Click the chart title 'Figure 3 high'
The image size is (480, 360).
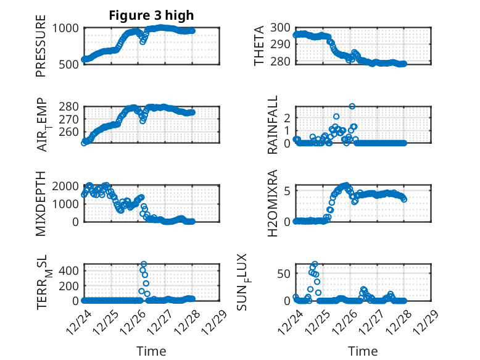tap(151, 15)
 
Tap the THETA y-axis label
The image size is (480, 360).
tap(260, 46)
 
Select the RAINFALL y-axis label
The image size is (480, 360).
tap(273, 125)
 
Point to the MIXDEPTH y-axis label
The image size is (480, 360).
tap(41, 203)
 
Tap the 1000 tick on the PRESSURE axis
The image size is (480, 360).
tap(65, 28)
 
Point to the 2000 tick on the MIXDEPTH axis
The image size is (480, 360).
tap(65, 186)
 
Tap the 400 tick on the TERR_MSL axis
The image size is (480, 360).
tap(68, 270)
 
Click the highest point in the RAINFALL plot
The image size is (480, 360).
tap(352, 106)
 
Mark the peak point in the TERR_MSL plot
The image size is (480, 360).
tap(143, 264)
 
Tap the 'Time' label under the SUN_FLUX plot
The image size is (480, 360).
tap(363, 351)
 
